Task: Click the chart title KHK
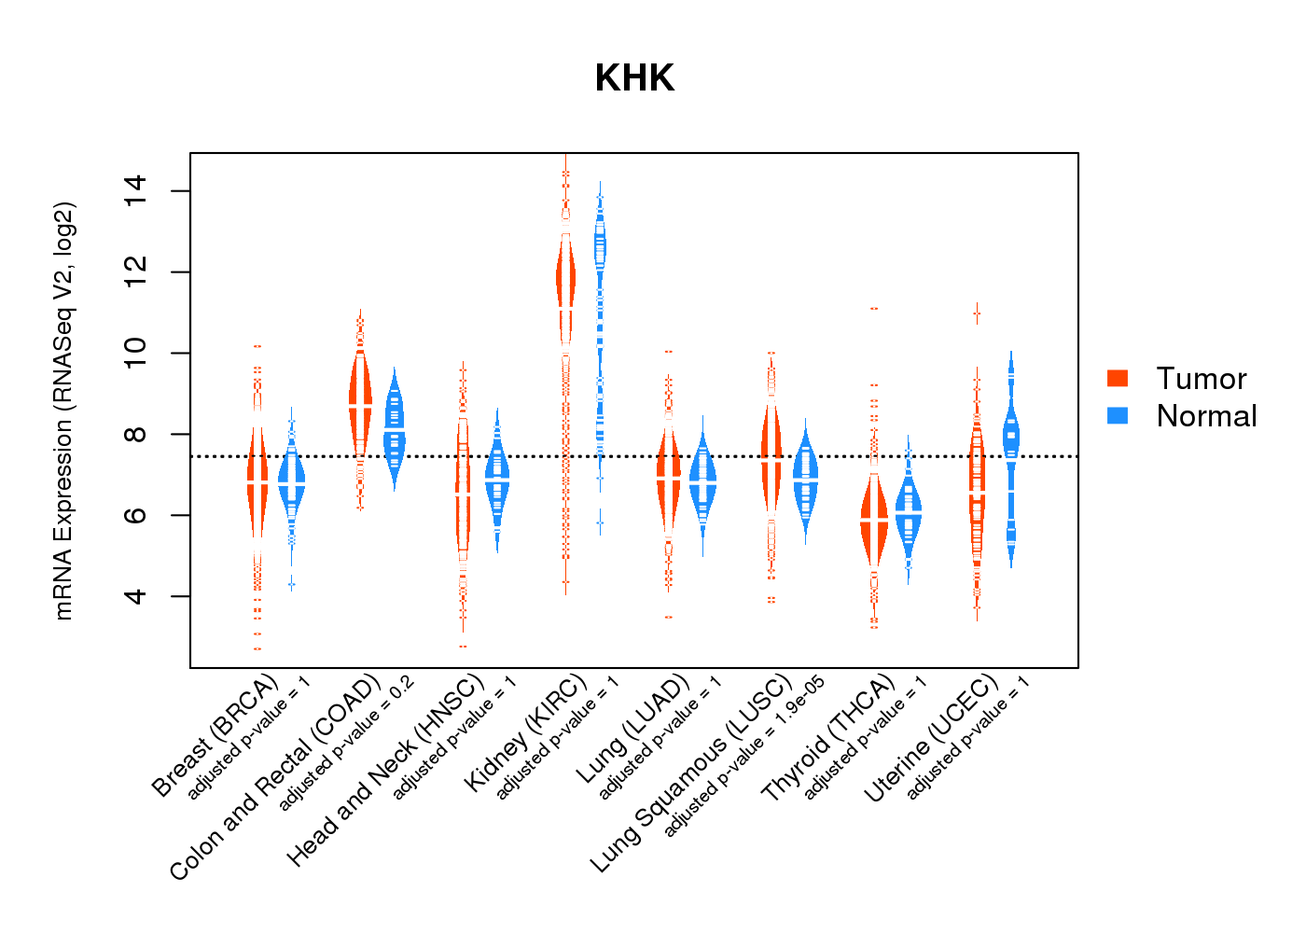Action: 634,78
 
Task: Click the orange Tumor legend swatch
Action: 1118,378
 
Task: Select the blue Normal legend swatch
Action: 1118,415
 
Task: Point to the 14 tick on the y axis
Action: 135,191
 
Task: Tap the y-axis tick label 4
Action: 135,596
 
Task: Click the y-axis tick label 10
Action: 135,353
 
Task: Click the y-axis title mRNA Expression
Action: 63,411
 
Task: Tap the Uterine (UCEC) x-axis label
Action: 931,739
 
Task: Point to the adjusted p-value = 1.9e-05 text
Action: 744,756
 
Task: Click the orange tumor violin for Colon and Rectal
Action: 360,401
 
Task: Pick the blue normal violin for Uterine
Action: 1010,439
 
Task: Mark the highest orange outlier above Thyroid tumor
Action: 874,309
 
